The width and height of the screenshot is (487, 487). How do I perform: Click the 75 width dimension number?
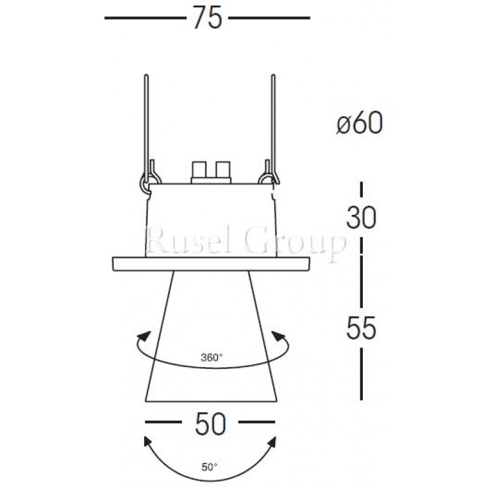pos(207,18)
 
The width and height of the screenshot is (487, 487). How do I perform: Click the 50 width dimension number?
pos(210,423)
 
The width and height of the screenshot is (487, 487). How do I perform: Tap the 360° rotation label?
pos(211,357)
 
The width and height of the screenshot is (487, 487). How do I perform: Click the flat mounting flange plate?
pos(211,264)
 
